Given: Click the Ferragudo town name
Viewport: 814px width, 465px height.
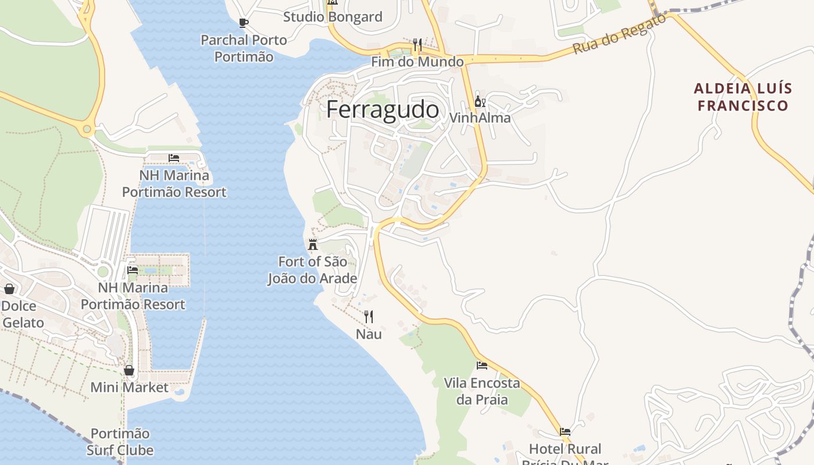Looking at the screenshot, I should tap(382, 109).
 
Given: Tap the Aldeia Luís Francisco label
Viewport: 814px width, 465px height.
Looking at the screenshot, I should tap(742, 97).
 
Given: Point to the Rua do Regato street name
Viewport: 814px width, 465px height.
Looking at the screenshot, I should tap(619, 34).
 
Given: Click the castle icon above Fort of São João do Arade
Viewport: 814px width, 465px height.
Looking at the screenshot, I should tap(313, 244).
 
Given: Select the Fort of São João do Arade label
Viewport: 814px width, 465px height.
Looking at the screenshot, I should tap(312, 270).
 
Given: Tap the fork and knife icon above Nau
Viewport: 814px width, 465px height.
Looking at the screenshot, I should tap(369, 317).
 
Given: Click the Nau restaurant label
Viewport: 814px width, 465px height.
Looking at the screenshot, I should tap(369, 334).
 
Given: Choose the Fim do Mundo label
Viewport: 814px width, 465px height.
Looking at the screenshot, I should tap(417, 62).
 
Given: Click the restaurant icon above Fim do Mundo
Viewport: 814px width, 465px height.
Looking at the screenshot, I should tap(417, 44).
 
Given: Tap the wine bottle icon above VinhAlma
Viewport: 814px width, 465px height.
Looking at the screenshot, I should tap(480, 102).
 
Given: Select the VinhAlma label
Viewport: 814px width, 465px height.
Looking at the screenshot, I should tap(480, 118).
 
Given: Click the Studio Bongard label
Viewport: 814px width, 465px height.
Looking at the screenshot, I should tap(333, 17).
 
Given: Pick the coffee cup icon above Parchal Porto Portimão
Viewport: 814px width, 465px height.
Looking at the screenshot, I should tap(244, 23).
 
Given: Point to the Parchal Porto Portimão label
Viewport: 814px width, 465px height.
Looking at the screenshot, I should tap(244, 48).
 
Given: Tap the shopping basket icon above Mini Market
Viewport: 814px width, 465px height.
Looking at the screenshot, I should tap(129, 370).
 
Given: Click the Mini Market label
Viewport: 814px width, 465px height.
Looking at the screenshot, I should tap(129, 387).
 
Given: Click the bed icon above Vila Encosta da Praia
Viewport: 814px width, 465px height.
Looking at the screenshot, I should tap(482, 366).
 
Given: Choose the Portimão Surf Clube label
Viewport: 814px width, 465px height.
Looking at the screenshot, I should tap(120, 442).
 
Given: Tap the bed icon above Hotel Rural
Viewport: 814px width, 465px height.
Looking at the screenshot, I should tap(565, 432).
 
